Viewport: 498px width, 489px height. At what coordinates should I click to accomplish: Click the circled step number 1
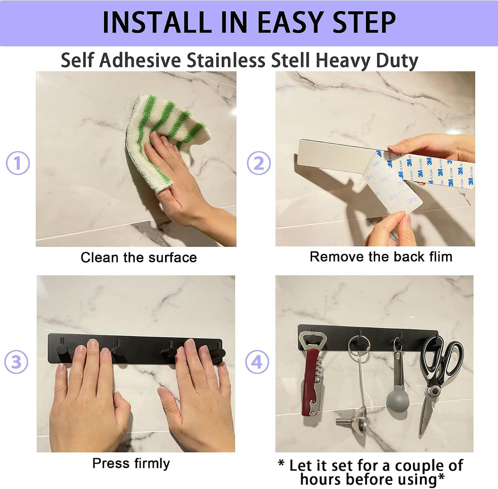click(17, 163)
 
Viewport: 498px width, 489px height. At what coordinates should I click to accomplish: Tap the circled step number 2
click(259, 163)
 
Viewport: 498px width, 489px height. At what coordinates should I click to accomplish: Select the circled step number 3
click(16, 362)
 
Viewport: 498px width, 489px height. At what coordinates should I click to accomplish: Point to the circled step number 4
click(257, 362)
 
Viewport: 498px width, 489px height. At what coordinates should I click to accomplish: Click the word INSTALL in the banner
click(157, 22)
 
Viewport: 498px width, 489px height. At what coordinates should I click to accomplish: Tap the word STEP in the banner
click(364, 22)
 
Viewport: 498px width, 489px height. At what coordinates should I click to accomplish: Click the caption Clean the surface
click(139, 257)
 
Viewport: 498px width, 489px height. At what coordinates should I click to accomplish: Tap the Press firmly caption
click(131, 463)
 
